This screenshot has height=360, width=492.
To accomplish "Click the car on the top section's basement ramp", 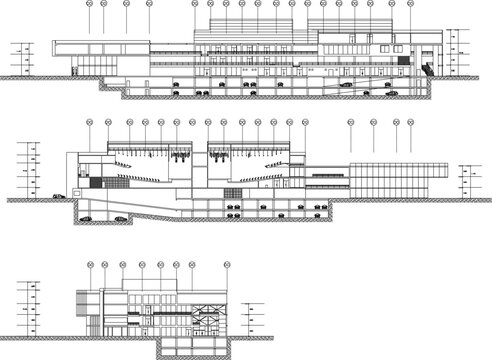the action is tap(345, 85).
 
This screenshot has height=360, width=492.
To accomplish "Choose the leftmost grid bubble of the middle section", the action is tap(88, 123).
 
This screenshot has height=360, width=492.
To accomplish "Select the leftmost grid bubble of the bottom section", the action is tap(89, 266).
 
